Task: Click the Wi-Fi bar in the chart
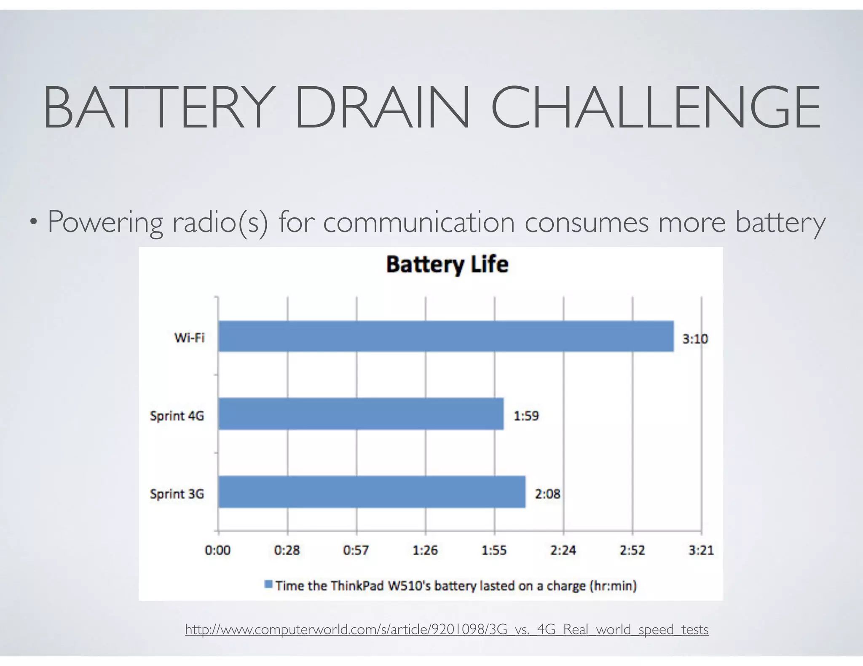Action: [x=446, y=336]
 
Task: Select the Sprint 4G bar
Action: [x=361, y=413]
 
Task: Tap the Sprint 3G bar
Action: [x=372, y=492]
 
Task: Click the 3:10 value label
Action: [x=695, y=338]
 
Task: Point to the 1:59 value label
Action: [x=526, y=416]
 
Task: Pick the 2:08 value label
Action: [x=547, y=494]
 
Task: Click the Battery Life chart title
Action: [x=447, y=265]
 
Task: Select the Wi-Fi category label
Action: [x=189, y=338]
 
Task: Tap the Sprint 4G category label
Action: [x=177, y=416]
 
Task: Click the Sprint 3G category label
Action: [x=177, y=494]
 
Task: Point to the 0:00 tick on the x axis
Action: [x=217, y=550]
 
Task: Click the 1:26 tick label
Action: [x=425, y=550]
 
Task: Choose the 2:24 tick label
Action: [x=563, y=550]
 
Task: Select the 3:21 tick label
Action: [x=701, y=550]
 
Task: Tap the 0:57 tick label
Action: [x=356, y=550]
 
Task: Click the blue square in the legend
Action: [x=268, y=584]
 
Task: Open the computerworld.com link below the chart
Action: [x=447, y=629]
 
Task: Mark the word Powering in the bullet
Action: [x=105, y=222]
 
